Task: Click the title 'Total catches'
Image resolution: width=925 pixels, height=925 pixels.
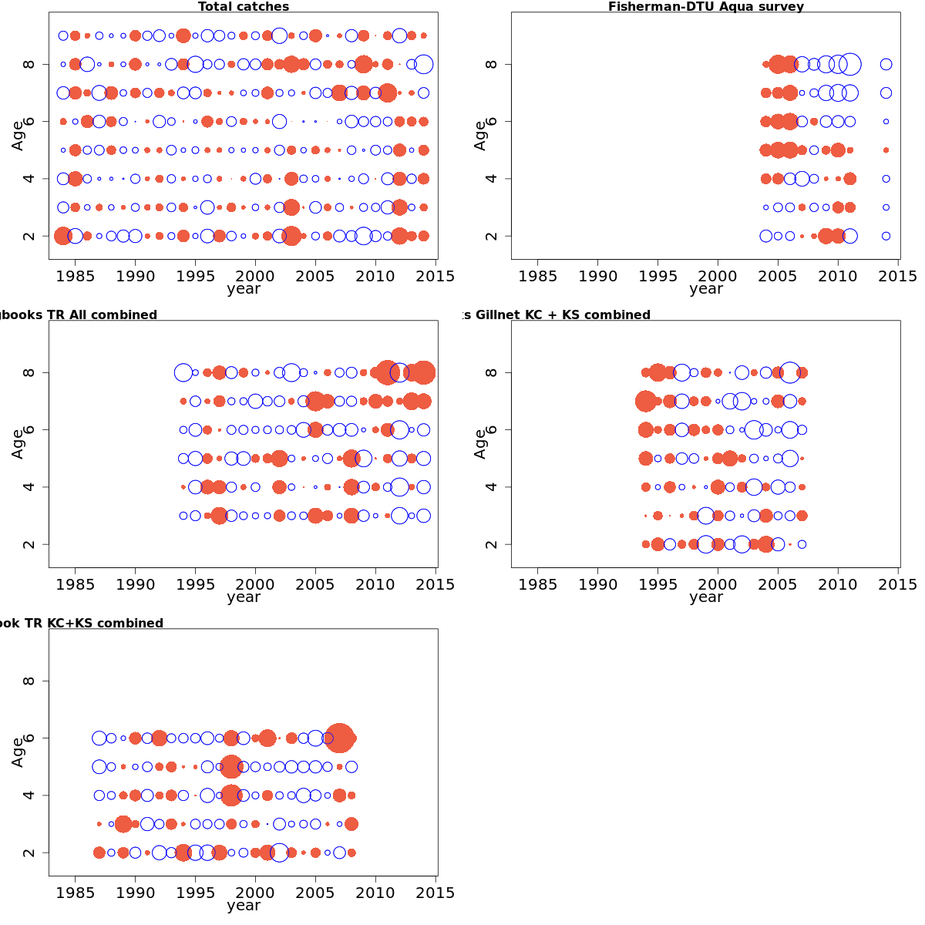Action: [x=244, y=7]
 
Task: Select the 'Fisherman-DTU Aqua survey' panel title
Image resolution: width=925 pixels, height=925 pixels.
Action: [x=706, y=7]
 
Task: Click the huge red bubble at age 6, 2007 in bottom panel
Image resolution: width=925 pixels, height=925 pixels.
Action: [x=340, y=738]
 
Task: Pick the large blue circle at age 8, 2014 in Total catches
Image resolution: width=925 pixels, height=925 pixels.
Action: [x=423, y=64]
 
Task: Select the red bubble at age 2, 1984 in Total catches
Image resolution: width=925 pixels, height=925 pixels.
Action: [x=63, y=236]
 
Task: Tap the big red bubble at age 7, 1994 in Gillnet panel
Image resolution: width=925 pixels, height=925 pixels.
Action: [x=646, y=401]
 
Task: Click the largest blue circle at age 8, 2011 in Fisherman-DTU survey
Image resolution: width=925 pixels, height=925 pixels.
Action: [x=850, y=64]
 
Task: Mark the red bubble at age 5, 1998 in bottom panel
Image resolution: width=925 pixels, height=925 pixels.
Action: [x=231, y=767]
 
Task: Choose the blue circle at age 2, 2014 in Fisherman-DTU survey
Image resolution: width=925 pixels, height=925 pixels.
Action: [x=886, y=236]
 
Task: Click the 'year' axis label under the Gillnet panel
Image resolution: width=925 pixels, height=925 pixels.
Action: [x=706, y=597]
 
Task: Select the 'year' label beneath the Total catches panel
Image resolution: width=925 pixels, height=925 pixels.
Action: [x=244, y=289]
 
